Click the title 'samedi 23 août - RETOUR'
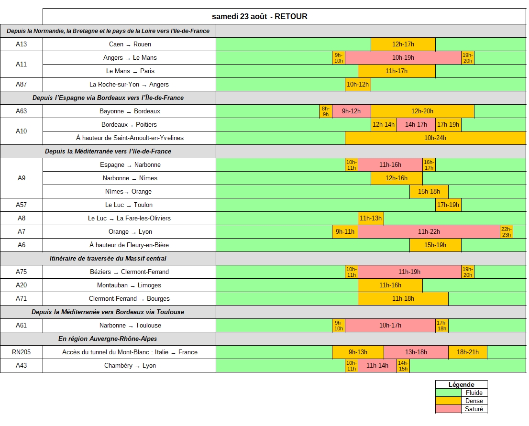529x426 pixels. point(259,17)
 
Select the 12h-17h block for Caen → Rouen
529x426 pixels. point(403,44)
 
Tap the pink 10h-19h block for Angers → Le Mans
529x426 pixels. point(403,58)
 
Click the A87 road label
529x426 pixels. point(21,84)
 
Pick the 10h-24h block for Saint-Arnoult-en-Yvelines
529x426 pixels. point(435,138)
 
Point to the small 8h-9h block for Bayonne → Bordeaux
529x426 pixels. point(326,111)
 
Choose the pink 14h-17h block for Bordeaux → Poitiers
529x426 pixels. point(416,124)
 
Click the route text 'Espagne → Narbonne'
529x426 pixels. point(130,164)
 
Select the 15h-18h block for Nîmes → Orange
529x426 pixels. point(429,192)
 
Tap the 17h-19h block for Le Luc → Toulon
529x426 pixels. point(448,205)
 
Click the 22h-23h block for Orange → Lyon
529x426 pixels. point(507,232)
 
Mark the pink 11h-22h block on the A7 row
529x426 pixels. point(429,232)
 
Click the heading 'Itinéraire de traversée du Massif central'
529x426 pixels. point(108,258)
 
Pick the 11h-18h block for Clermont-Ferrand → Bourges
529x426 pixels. point(403,298)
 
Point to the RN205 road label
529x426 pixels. point(21,352)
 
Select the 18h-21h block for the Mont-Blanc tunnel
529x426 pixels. point(468,352)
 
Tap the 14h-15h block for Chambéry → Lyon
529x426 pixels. point(403,366)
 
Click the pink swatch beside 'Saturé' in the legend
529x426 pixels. point(448,409)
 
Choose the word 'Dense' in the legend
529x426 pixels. point(474,401)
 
